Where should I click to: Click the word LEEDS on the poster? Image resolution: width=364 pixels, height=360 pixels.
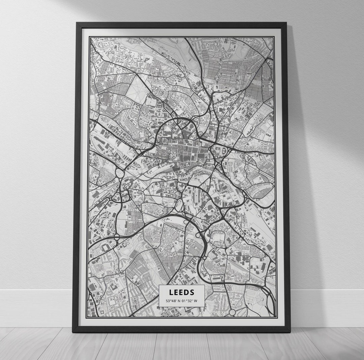(x=182, y=292)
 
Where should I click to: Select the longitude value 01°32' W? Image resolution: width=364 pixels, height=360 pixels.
(x=190, y=301)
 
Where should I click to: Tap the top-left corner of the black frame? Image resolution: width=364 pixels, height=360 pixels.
(x=78, y=24)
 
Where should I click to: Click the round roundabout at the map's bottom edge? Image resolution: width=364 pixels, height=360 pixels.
(x=232, y=313)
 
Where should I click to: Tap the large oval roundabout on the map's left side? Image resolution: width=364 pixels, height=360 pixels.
(x=120, y=173)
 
